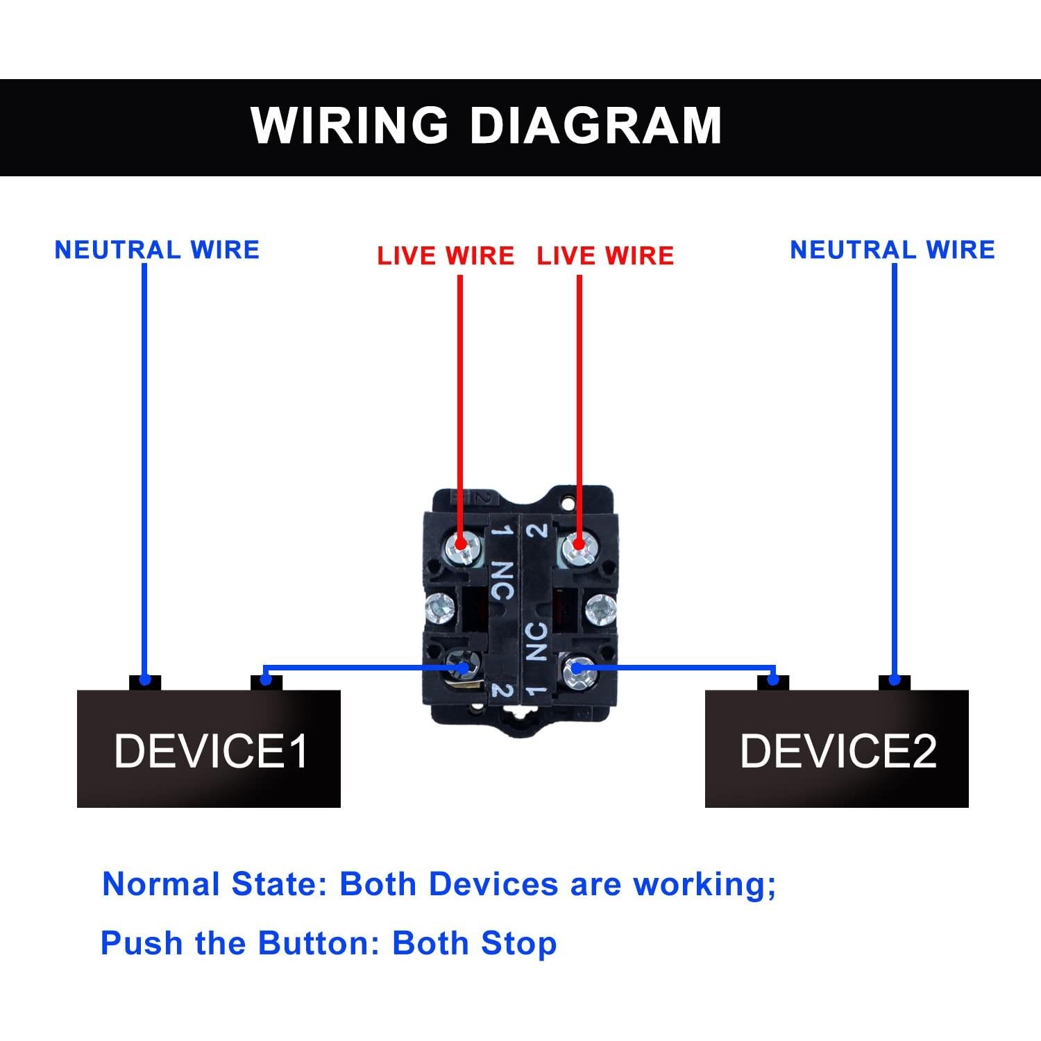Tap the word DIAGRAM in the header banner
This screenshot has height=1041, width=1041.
(x=595, y=126)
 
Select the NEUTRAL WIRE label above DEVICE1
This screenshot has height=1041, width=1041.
(x=157, y=250)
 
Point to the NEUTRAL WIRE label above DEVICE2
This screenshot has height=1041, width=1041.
(x=892, y=250)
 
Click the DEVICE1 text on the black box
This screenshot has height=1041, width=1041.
(x=211, y=751)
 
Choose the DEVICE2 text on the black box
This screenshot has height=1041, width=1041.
(x=838, y=751)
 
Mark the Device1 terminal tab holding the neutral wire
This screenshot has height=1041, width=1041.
(x=145, y=682)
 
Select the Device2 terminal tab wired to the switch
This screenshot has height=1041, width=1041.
(x=773, y=682)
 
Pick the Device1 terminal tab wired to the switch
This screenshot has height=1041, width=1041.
(x=266, y=682)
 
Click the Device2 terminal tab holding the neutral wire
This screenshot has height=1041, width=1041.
(x=895, y=682)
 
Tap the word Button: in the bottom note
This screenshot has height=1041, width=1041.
(x=319, y=943)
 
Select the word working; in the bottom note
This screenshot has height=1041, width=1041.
(x=704, y=884)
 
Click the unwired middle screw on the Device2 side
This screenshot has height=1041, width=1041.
(x=600, y=610)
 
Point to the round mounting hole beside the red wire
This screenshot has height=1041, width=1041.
(x=569, y=500)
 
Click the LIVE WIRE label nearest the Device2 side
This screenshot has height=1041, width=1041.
(x=605, y=255)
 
